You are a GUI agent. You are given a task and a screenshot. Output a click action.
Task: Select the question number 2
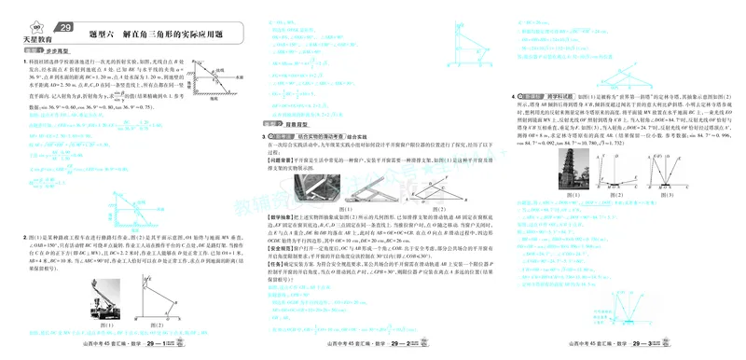coord(25,238)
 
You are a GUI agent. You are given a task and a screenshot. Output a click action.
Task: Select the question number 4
coord(513,95)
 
